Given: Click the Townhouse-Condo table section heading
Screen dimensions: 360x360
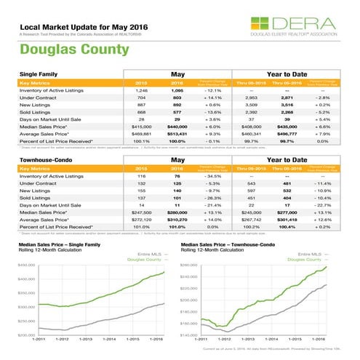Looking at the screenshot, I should tap(44, 159).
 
